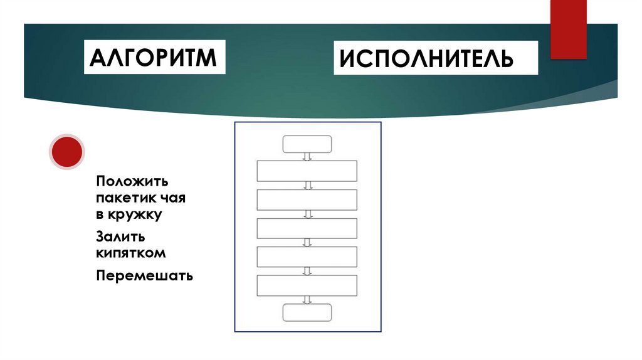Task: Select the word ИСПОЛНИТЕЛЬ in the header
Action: [x=426, y=59]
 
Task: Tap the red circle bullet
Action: [x=66, y=152]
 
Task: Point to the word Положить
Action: [x=133, y=181]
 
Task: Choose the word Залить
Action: [x=122, y=237]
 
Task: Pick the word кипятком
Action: [x=131, y=253]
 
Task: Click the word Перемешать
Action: [x=145, y=276]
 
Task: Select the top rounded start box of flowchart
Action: [x=307, y=144]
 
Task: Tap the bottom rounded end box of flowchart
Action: [x=307, y=312]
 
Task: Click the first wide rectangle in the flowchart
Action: [x=307, y=171]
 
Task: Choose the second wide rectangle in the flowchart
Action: [x=307, y=199]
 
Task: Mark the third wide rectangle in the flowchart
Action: [x=307, y=228]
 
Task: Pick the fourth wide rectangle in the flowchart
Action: [x=307, y=257]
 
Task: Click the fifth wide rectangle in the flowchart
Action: [x=307, y=285]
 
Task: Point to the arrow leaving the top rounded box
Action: [x=307, y=156]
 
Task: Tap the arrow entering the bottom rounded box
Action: [x=307, y=300]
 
